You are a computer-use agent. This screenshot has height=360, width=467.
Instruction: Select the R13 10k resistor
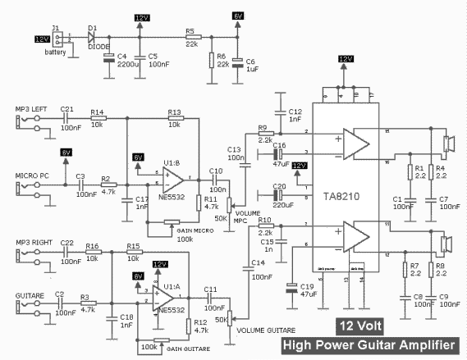pos(174,119)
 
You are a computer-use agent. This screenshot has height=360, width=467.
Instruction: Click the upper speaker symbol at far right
pos(448,144)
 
